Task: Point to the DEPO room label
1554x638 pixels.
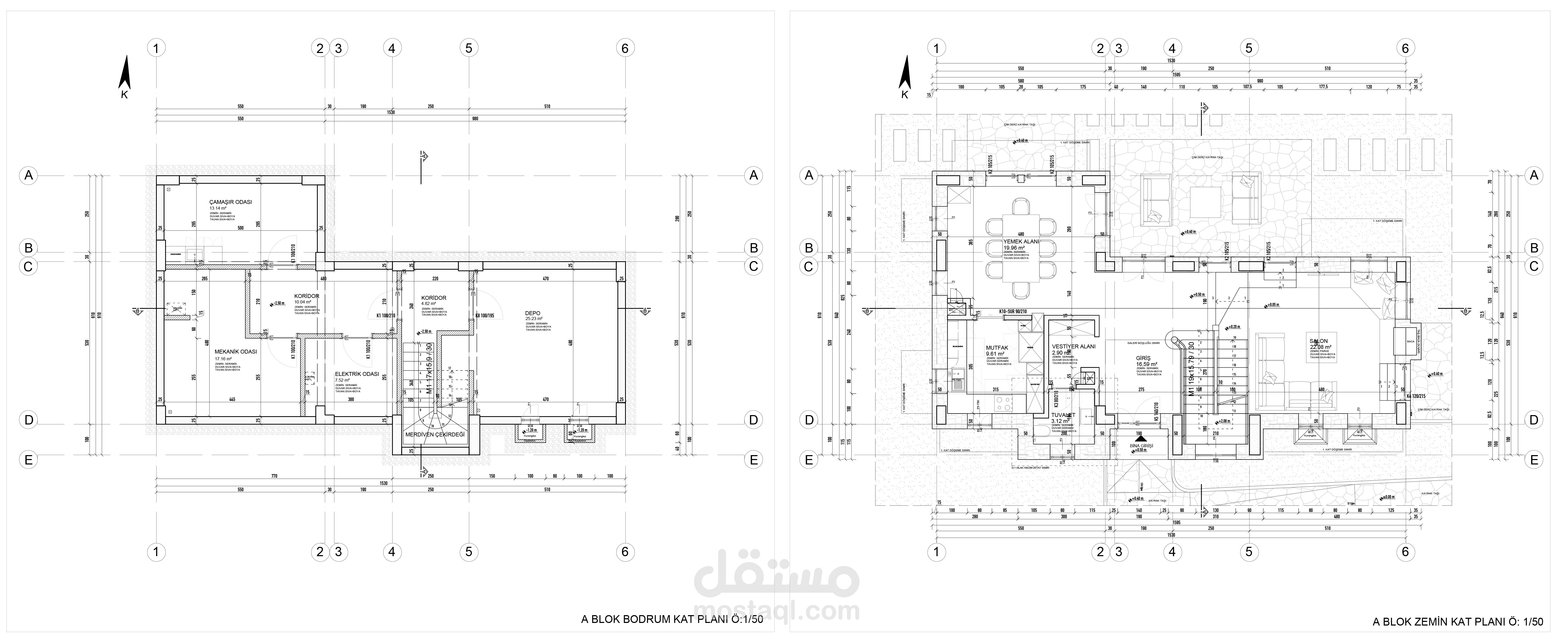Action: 533,313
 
